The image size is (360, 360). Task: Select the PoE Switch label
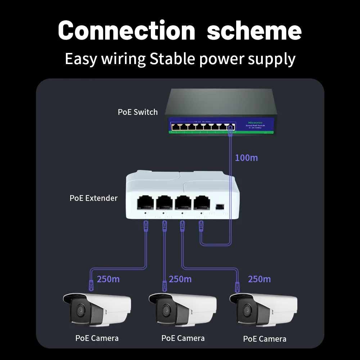[138, 112]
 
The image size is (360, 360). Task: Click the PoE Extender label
[94, 198]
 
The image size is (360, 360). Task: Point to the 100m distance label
[246, 158]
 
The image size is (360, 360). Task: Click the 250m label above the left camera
[108, 279]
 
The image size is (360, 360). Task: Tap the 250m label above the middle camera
[180, 279]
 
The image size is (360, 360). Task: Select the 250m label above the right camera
[259, 279]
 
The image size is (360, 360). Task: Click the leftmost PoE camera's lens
[79, 310]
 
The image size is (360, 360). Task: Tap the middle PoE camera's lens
[165, 310]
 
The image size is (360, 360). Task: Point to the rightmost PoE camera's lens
[246, 310]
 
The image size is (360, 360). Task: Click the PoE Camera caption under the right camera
[265, 339]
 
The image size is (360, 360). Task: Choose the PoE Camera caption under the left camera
[97, 338]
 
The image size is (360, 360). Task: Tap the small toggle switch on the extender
[219, 207]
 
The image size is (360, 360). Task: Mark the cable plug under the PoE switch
[230, 134]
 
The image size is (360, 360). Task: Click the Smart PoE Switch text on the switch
[255, 126]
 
